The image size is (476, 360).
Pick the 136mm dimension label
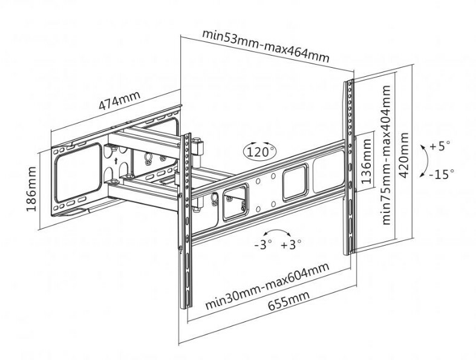(x=365, y=163)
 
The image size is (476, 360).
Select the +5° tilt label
(x=441, y=146)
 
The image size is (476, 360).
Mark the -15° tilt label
(x=441, y=174)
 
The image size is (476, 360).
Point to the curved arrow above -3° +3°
(x=278, y=232)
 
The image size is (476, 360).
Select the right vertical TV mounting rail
(x=350, y=166)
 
